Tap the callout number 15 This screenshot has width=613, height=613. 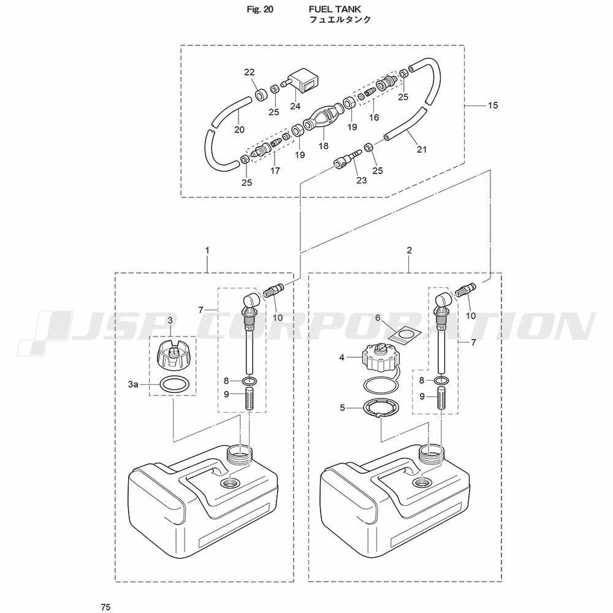point(493,105)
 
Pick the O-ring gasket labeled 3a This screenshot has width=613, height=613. point(172,385)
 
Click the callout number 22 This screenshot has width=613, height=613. point(249,72)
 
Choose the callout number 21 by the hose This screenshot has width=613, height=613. point(422,150)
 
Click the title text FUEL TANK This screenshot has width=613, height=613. point(335,9)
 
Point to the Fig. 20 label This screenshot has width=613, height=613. point(260,9)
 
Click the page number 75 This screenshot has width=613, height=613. point(105,607)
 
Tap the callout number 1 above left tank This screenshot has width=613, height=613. point(207,250)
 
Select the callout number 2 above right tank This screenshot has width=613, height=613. point(409,250)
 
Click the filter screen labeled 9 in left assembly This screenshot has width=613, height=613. point(249,399)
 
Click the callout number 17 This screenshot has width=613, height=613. point(275,171)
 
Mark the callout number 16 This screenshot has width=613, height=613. point(374,117)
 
